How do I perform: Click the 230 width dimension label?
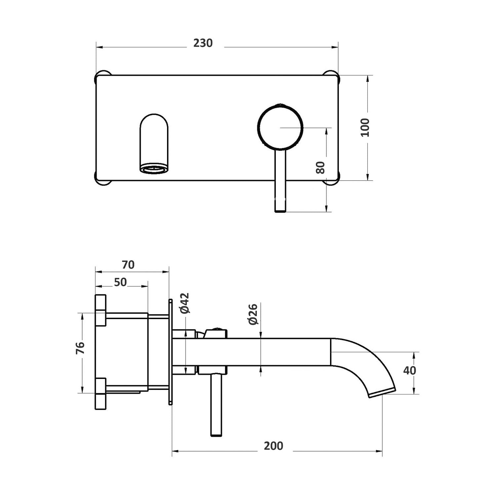tap(203, 43)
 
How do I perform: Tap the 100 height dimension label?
tap(365, 128)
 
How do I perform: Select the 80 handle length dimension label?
tap(320, 167)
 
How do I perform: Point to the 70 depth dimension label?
tap(128, 265)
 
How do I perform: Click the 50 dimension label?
tap(120, 282)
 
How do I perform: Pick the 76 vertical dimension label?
tap(80, 348)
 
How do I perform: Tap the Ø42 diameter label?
tap(185, 303)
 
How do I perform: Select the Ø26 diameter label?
tap(253, 314)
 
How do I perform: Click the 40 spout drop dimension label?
tap(409, 371)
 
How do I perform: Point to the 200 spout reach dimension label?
tap(273, 446)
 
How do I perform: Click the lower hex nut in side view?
tap(101, 393)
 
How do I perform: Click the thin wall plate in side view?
tap(170, 352)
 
